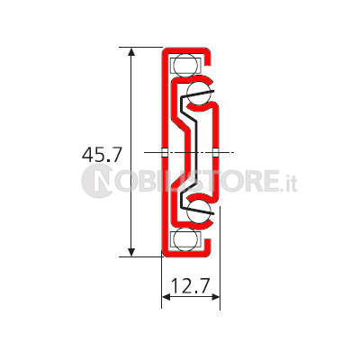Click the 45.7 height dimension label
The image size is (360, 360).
coord(102,155)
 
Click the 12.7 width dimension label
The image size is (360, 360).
coord(190,286)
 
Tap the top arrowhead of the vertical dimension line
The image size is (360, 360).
coord(131,52)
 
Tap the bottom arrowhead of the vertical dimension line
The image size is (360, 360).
coord(131,252)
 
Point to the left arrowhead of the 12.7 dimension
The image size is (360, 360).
coord(166,297)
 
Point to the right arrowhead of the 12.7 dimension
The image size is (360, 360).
coord(216,297)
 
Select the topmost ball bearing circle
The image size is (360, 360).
coord(185,65)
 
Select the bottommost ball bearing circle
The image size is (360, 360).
coord(185,239)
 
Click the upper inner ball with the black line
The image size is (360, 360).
coord(199,93)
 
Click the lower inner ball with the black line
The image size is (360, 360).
coord(199,211)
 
